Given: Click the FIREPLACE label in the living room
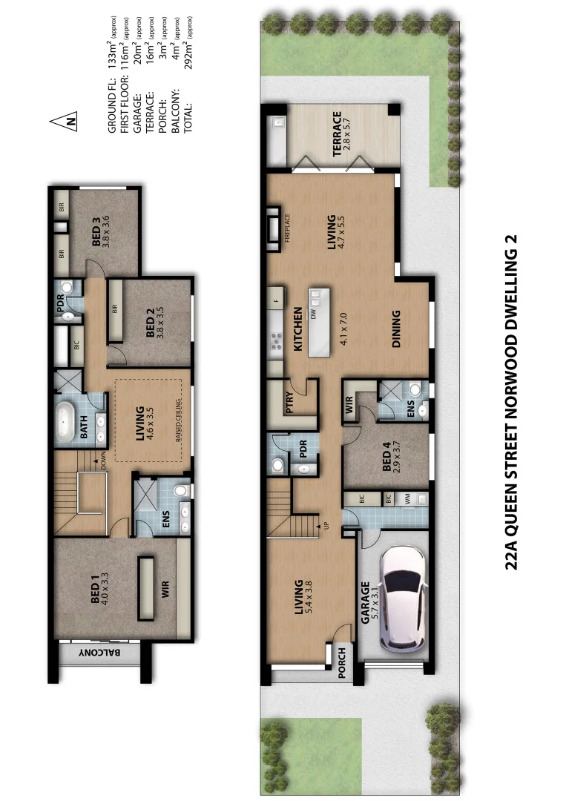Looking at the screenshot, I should click(286, 227).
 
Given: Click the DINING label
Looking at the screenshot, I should click(395, 329).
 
